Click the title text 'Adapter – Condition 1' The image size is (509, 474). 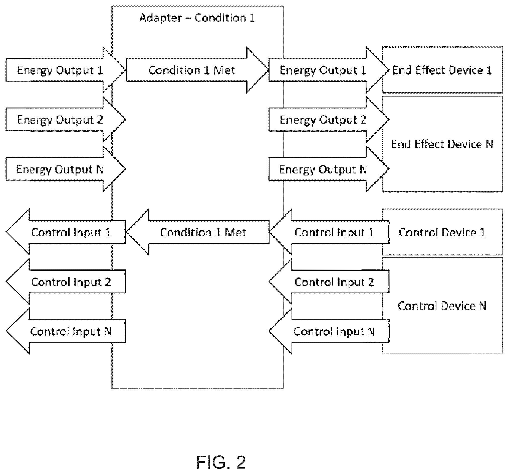point(197,18)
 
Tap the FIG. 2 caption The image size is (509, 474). point(221,462)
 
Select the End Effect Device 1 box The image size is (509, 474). point(442,70)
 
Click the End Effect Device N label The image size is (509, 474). point(442,144)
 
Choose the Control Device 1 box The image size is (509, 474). point(442,232)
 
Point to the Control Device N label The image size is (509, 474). point(442,306)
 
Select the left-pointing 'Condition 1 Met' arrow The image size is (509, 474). point(197,232)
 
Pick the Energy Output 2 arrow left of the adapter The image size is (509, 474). point(66,120)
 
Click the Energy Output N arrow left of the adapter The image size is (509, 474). point(66,169)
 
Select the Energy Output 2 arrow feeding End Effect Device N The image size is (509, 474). point(329,120)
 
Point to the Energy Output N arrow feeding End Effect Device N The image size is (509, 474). point(329,169)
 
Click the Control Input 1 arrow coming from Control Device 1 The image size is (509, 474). point(329,232)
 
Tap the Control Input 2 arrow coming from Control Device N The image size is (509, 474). point(329,282)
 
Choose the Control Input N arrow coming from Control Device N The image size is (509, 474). point(329,331)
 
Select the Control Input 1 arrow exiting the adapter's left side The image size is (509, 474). point(66,232)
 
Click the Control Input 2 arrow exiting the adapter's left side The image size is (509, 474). point(66,282)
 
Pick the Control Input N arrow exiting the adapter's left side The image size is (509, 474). point(66,331)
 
